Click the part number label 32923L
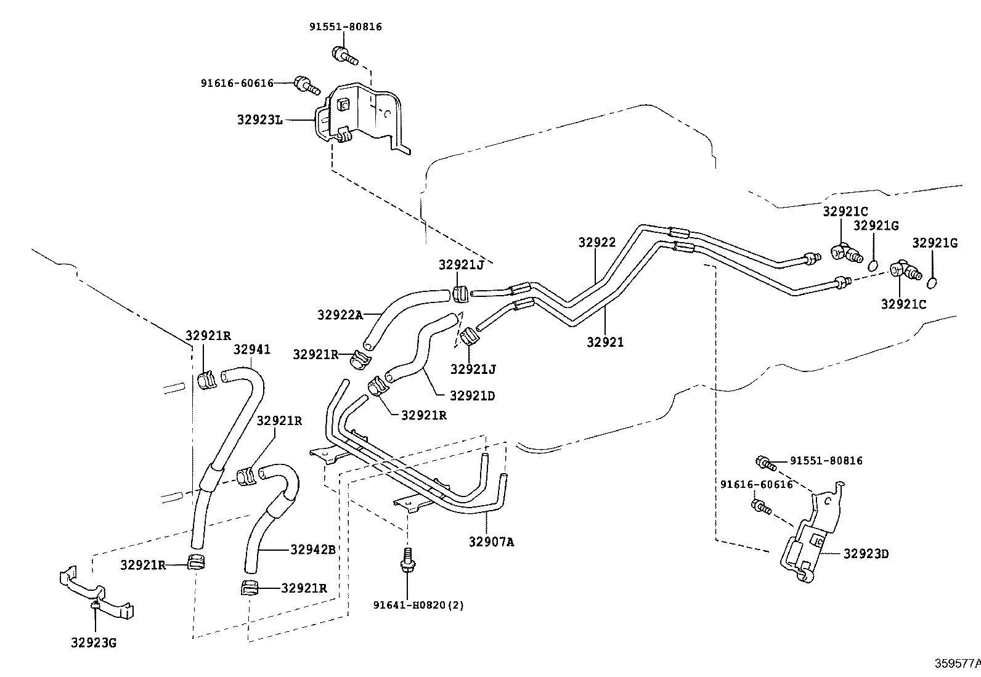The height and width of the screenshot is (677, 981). (x=259, y=120)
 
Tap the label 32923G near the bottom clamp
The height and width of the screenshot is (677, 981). (x=94, y=643)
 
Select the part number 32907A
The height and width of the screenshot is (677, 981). (x=491, y=541)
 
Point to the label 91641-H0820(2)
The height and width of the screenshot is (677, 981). (x=418, y=605)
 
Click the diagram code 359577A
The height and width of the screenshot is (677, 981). (x=957, y=663)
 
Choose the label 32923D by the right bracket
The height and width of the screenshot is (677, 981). (x=866, y=554)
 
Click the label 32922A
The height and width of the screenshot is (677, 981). (x=340, y=314)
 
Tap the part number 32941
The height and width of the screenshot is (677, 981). (x=252, y=349)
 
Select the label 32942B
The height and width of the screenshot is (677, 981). (x=312, y=549)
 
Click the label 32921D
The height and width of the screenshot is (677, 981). (x=472, y=395)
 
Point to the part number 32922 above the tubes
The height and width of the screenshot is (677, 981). (x=596, y=243)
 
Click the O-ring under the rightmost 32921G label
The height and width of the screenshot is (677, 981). (x=932, y=283)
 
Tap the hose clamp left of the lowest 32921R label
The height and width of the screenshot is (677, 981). (x=250, y=589)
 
